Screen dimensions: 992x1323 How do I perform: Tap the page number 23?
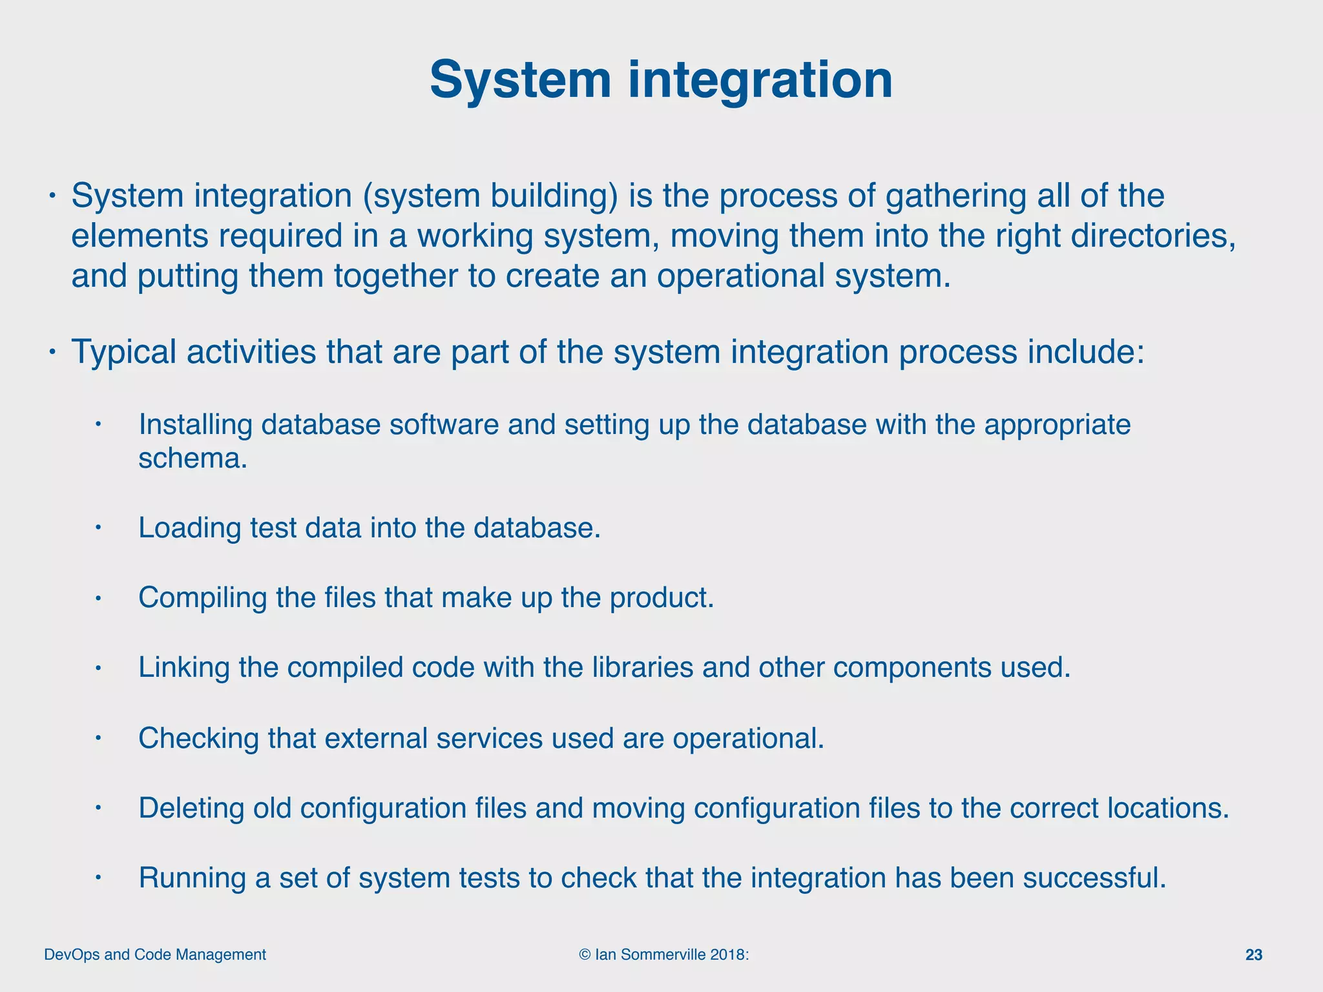[1253, 955]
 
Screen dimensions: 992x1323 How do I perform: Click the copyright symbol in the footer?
[585, 955]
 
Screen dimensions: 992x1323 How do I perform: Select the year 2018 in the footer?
[727, 955]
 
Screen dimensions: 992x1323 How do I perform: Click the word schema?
[193, 459]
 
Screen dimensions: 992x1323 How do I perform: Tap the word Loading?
[189, 528]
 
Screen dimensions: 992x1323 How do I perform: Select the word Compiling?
[202, 597]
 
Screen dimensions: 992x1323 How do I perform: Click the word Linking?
[183, 667]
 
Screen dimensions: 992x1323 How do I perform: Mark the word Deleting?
[191, 808]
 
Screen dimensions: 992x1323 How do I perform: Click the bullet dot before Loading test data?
[98, 528]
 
